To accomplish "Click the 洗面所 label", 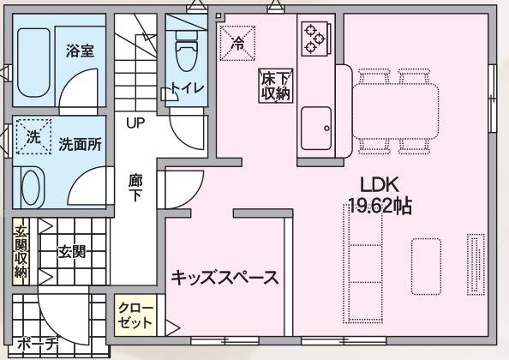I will point(81,144).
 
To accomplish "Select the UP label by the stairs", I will point(135,123).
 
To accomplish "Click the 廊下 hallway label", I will point(135,188).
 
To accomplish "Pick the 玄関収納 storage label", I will point(21,252).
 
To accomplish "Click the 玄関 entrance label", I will point(71,252).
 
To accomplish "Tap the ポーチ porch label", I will point(38,345).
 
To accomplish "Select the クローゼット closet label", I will point(135,315).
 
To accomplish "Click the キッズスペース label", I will point(225,278).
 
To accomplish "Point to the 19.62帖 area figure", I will point(380,206).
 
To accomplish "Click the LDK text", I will point(380,184).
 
